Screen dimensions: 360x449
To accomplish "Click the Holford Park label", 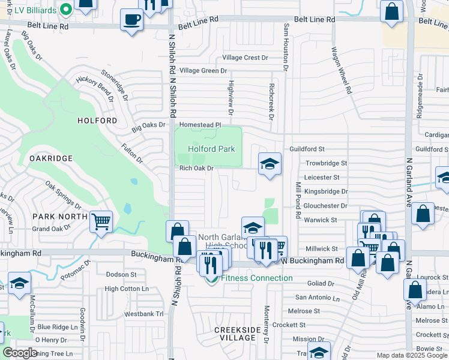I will tap(211, 149).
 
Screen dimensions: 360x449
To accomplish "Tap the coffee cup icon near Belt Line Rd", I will tap(132, 19).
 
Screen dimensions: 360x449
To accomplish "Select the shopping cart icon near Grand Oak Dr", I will tap(101, 221).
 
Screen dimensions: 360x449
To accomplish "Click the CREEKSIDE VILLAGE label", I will tap(238, 334).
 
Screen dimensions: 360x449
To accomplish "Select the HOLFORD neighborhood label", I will tap(97, 121).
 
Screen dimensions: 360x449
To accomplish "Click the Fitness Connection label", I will tap(256, 278).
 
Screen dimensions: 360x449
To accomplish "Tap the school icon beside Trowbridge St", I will tap(270, 164).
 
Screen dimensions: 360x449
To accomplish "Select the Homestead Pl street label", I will tap(201, 125).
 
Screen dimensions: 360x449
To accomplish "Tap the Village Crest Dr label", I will tap(245, 58).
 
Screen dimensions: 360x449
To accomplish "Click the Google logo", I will tap(20, 353).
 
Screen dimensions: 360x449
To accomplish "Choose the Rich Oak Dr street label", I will tap(197, 169).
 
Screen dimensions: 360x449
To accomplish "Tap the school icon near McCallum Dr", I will tap(20, 283).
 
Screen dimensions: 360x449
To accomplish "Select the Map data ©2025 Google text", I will tap(411, 355).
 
